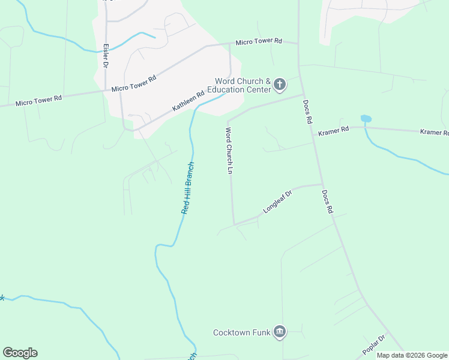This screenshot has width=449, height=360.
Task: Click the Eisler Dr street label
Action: [106, 55]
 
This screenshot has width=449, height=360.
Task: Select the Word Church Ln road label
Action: [229, 151]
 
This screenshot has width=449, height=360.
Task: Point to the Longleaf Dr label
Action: [277, 202]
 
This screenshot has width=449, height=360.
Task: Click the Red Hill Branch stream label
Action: [188, 188]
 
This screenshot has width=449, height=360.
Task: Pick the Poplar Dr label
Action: [373, 345]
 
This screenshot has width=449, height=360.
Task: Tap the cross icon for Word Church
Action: [279, 86]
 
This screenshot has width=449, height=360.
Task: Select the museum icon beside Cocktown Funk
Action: [279, 332]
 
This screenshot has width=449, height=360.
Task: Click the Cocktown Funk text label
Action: [242, 332]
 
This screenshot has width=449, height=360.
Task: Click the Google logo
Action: [20, 352]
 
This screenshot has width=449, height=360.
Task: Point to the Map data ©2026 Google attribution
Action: [412, 355]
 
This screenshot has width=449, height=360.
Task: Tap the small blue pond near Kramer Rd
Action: [366, 118]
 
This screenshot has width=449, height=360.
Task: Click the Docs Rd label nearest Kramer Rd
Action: [308, 112]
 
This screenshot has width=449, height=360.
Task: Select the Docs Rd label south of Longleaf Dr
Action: [327, 202]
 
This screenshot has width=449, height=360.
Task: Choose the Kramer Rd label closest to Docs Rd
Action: [334, 130]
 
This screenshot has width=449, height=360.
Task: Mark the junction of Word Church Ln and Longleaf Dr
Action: [234, 224]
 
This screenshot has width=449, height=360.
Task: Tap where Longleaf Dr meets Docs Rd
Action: [322, 184]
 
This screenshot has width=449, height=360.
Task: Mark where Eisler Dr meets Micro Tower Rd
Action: [106, 91]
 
